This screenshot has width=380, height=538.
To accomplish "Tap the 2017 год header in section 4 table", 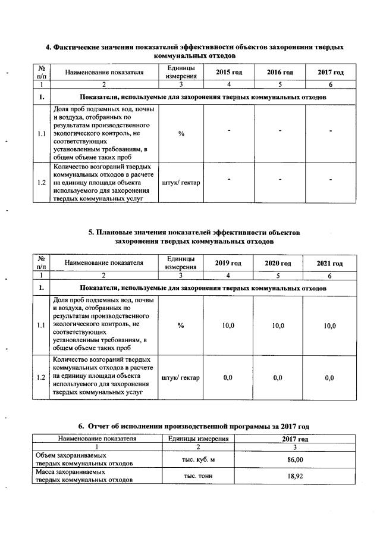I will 330,73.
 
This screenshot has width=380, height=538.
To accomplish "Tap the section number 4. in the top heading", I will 49,46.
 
